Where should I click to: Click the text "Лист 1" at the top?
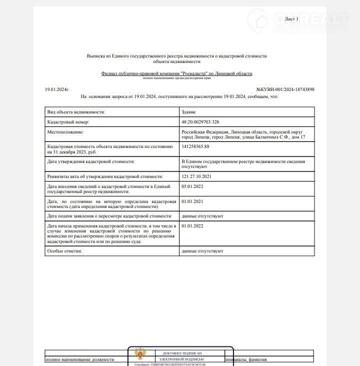(291, 19)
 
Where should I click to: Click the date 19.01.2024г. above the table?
(56, 89)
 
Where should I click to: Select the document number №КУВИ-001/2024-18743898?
(285, 89)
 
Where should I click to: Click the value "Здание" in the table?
(189, 112)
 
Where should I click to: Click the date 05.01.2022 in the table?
(192, 186)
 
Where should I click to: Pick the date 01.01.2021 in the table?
(192, 201)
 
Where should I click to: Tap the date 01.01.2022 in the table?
(192, 226)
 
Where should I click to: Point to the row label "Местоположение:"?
(65, 131)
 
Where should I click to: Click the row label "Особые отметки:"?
(64, 250)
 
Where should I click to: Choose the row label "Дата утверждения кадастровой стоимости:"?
(90, 161)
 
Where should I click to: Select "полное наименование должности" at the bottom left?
(79, 359)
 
